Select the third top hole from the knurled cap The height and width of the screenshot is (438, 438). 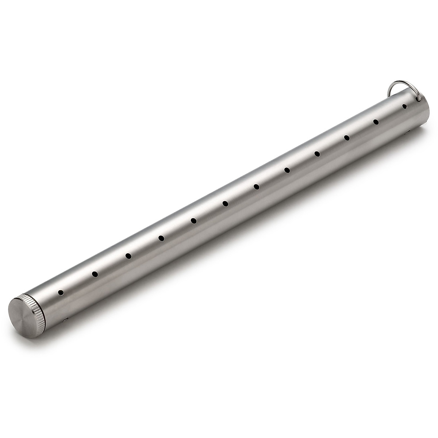(x=128, y=255)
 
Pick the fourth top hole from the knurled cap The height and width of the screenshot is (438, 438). (x=161, y=238)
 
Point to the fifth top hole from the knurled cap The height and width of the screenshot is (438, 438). (x=193, y=220)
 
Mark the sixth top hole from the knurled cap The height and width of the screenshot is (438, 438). (x=225, y=203)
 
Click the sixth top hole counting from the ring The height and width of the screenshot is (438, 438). (x=257, y=187)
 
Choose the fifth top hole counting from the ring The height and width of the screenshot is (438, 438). (x=287, y=170)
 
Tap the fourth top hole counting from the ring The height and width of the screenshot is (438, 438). (x=317, y=153)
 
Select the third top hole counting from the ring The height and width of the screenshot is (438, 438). (x=347, y=137)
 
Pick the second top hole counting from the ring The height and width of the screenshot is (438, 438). (x=376, y=122)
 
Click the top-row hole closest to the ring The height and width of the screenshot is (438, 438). (x=404, y=106)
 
